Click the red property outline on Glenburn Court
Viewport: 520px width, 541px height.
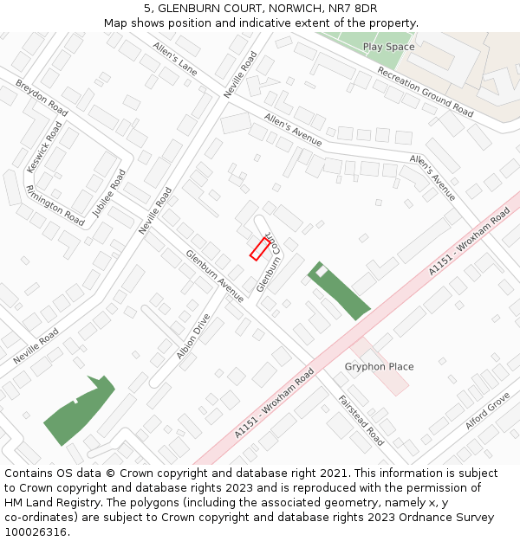[x=259, y=248]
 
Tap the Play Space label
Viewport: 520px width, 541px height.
[x=388, y=47]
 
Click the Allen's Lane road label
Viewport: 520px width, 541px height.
[x=176, y=57]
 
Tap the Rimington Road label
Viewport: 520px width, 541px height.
[x=55, y=205]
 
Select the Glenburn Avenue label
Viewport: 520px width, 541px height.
[x=214, y=275]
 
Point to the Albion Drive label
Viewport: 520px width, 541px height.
[x=192, y=336]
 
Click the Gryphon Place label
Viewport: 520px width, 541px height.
[x=379, y=366]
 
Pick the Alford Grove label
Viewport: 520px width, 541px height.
[x=487, y=411]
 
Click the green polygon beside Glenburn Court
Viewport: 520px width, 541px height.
[x=340, y=293]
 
